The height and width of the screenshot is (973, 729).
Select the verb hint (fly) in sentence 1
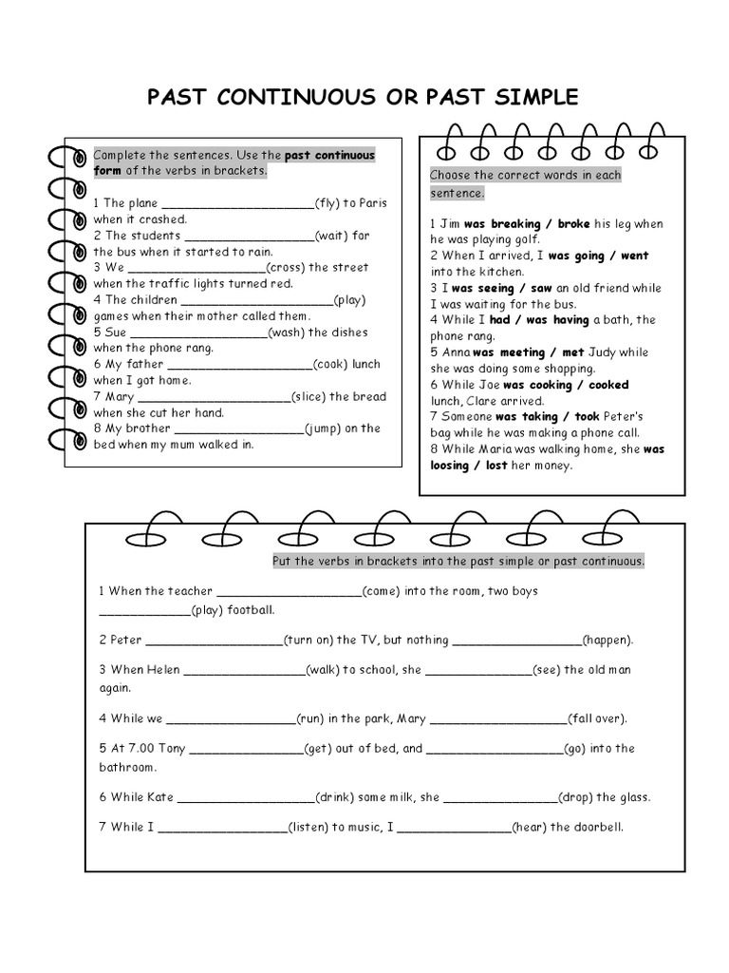click(328, 202)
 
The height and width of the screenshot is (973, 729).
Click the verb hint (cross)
click(287, 267)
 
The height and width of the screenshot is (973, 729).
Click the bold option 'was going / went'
click(598, 256)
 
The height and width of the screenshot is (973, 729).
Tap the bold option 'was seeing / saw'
click(502, 288)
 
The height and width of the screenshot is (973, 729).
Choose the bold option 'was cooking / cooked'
click(566, 385)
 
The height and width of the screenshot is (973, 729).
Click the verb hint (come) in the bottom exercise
click(382, 591)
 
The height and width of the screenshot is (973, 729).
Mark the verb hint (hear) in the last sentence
click(529, 828)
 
